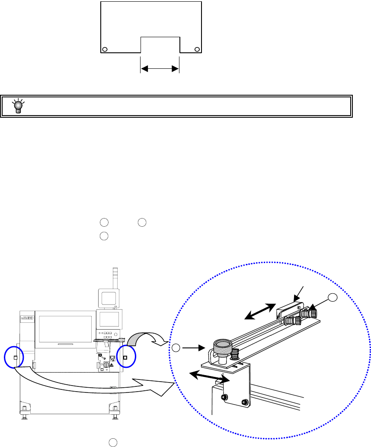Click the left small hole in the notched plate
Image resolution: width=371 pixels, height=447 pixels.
104,49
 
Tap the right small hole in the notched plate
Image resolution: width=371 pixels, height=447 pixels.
197,49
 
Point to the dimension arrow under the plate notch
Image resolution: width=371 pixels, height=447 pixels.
160,68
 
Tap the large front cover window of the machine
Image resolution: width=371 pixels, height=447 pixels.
65,331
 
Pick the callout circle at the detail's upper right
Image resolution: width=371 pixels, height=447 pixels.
332,297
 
